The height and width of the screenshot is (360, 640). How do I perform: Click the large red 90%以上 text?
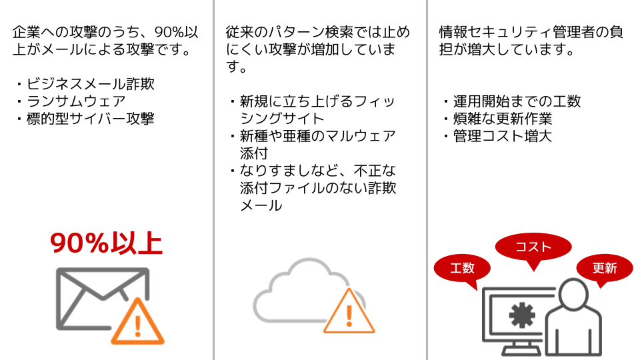click(x=106, y=243)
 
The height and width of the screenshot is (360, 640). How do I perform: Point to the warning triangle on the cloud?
click(x=349, y=312)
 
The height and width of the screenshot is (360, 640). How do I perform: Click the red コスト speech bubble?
click(x=533, y=247)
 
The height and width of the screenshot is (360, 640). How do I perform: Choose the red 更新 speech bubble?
click(x=605, y=268)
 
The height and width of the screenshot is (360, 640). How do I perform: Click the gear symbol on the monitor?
click(x=521, y=315)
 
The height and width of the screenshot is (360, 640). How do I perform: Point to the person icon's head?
click(x=574, y=294)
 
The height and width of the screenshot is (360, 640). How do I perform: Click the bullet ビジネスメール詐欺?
click(x=86, y=84)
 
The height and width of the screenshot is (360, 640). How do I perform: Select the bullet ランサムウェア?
click(x=71, y=101)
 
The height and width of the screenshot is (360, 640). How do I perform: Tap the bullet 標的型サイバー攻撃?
click(x=86, y=119)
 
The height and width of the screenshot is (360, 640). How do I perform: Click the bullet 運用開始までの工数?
click(x=513, y=101)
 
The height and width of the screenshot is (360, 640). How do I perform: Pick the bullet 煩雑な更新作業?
click(x=499, y=119)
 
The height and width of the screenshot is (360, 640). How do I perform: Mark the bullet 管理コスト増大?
click(x=499, y=136)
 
